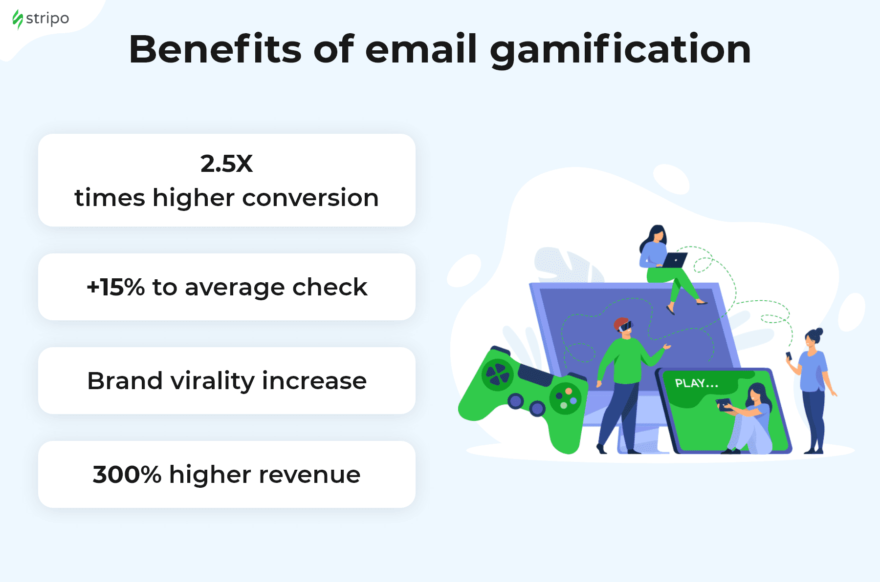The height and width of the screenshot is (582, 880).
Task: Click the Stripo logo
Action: (41, 19)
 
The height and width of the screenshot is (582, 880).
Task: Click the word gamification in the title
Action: (620, 50)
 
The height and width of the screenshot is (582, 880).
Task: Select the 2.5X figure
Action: (226, 164)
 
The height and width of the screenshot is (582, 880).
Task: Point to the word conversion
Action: (310, 198)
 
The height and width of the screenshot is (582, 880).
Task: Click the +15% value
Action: (115, 287)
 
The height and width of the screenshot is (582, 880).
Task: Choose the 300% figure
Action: (127, 475)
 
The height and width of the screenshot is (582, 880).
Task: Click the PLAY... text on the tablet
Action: (697, 383)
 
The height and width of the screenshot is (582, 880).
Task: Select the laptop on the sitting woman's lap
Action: (674, 260)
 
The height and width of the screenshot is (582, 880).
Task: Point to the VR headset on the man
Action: (625, 326)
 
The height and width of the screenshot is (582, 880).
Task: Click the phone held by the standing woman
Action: (788, 355)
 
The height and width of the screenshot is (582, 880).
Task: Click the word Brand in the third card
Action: (125, 381)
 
